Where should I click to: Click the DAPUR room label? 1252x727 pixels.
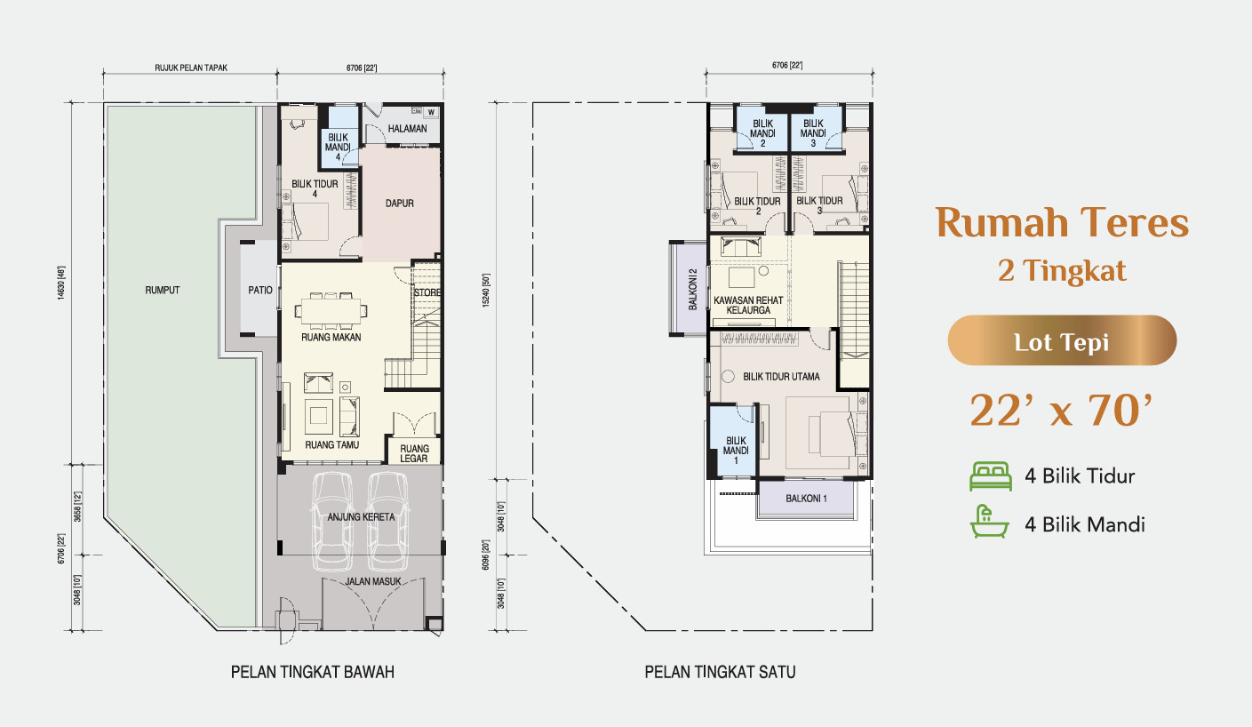pos(400,204)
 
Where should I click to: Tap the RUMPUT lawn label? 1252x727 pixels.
pos(162,291)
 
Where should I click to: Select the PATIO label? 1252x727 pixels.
pos(259,291)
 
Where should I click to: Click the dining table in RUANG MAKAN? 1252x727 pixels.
pos(331,310)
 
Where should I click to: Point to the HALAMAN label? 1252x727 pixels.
pos(408,129)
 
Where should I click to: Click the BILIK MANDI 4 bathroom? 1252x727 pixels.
pos(339,138)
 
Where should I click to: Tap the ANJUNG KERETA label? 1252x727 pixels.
pos(361,516)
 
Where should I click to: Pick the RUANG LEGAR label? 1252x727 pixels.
pos(414,453)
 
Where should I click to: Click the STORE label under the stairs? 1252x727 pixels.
pos(427,292)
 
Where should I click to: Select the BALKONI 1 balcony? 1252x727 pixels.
pos(806,499)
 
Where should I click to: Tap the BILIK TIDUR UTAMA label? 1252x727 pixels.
pos(781,377)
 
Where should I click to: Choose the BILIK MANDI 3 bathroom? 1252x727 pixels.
pos(815,128)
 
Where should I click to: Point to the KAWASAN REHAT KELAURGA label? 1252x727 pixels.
pos(748,306)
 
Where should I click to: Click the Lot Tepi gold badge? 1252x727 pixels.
pos(1062,340)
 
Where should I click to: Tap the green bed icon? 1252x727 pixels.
pos(991,476)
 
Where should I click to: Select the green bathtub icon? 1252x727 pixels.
pos(989,522)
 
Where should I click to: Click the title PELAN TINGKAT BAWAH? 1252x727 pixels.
pos(313,672)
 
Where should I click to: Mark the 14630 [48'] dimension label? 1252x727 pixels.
pos(61,283)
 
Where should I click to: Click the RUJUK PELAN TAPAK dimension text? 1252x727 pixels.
pos(191,68)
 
